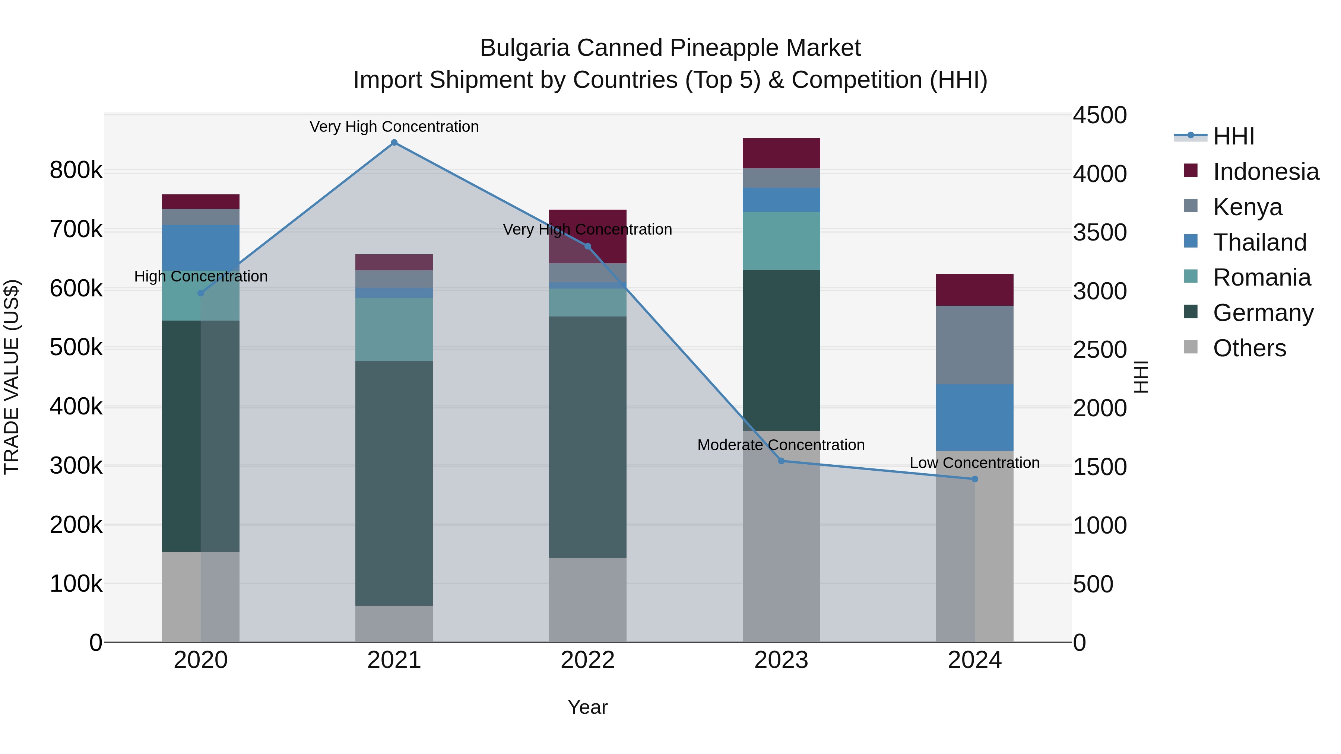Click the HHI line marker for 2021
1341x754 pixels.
pos(394,143)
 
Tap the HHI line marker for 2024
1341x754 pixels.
pos(974,479)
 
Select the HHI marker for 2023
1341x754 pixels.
pos(781,461)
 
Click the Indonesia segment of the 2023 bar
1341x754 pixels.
pos(781,153)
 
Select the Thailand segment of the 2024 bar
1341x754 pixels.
pos(974,417)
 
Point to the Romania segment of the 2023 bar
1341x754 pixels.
pos(781,241)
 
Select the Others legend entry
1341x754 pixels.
pos(1249,348)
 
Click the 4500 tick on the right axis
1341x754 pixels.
pos(1100,115)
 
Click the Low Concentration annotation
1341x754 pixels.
pos(974,462)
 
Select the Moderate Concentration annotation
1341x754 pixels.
pos(781,445)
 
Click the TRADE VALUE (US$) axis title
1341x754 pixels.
pos(12,377)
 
